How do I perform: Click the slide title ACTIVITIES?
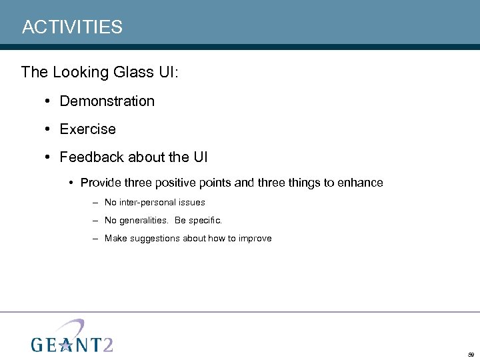[x=72, y=27]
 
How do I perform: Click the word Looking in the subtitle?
[x=77, y=72]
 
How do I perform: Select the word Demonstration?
[x=107, y=101]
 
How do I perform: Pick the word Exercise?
[x=87, y=129]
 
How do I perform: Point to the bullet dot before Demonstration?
[x=49, y=101]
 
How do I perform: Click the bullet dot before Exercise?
[x=49, y=129]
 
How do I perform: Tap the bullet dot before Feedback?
[x=49, y=157]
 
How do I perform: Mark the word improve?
[x=254, y=238]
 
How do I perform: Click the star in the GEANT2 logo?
[x=66, y=344]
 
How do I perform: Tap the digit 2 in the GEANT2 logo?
[x=105, y=343]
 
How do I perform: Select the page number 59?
[x=471, y=355]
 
